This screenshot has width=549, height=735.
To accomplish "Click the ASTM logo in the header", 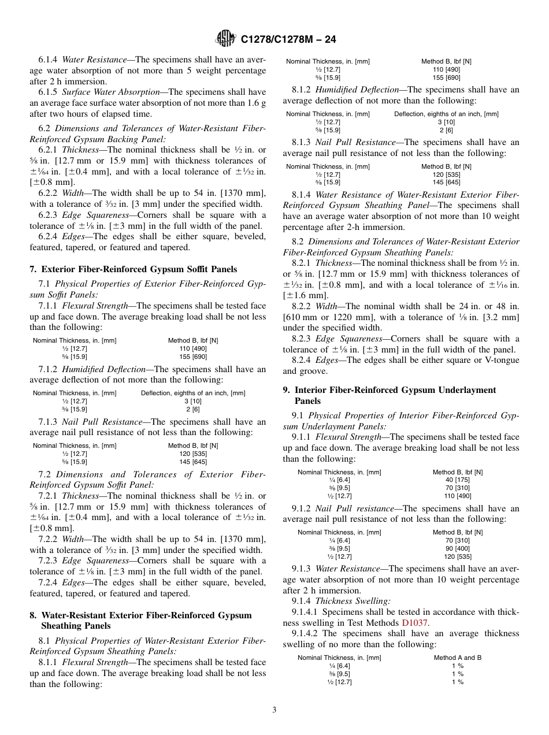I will coord(225,39).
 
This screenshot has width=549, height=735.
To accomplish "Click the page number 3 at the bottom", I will coord(274,710).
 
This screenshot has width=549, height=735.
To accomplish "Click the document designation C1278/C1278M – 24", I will coord(288,40).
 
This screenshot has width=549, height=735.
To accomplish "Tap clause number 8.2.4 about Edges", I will coord(302,360).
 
